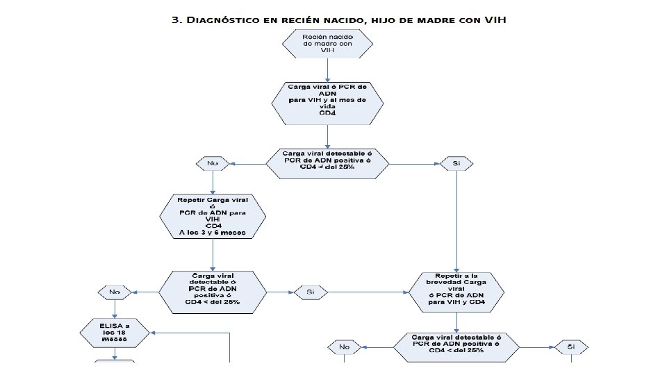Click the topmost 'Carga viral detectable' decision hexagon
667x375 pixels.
327,163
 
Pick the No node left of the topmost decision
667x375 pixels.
213,163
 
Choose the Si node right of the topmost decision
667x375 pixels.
456,163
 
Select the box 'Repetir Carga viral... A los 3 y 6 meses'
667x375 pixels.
213,217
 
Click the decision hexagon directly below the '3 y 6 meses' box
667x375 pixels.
213,292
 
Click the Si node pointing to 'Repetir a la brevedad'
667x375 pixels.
310,292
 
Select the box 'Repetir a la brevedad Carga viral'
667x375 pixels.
456,292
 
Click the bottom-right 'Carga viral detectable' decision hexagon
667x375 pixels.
456,346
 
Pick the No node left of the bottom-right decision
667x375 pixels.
344,346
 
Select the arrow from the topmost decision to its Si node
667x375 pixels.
413,164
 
